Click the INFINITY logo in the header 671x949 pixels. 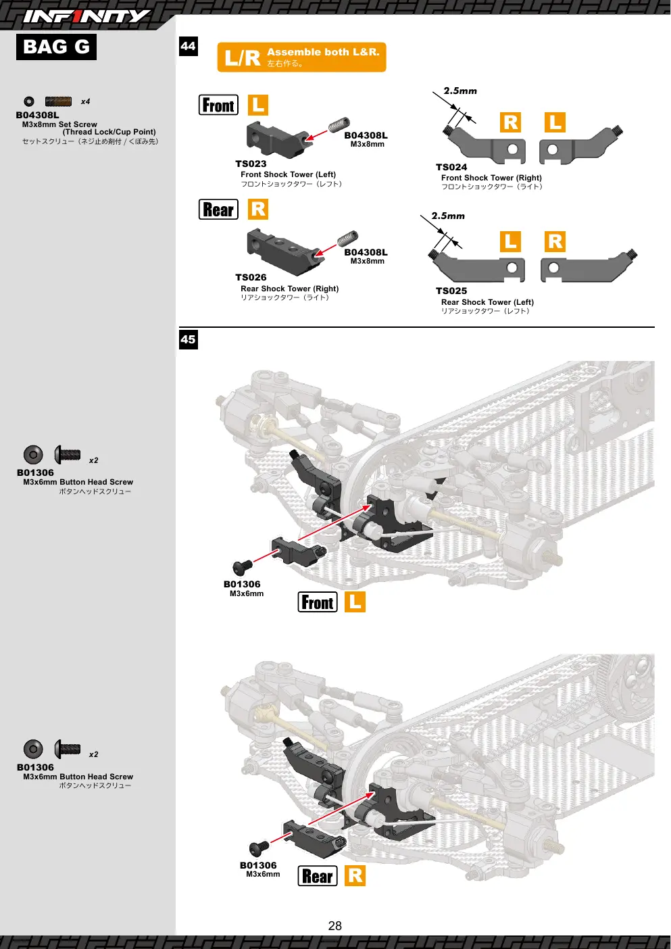[x=86, y=16]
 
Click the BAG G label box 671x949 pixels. [x=56, y=47]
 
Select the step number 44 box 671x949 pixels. [x=189, y=46]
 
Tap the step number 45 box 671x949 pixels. [x=189, y=340]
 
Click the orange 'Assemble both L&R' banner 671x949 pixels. [x=301, y=57]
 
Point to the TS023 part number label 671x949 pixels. [x=251, y=164]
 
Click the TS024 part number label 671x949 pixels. [x=451, y=168]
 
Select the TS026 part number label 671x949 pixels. [x=251, y=278]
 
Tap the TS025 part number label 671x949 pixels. [x=451, y=291]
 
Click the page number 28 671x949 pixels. [x=334, y=926]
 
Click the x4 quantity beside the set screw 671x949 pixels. [x=86, y=101]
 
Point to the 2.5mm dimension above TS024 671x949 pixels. [x=460, y=91]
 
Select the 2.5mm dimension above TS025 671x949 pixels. [x=448, y=216]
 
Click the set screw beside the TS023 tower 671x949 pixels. [x=339, y=125]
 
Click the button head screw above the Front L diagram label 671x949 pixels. [x=243, y=566]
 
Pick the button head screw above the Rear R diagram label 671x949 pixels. [x=259, y=848]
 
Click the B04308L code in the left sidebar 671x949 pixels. [x=37, y=115]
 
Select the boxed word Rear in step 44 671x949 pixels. [x=218, y=210]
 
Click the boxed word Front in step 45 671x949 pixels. [x=318, y=602]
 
